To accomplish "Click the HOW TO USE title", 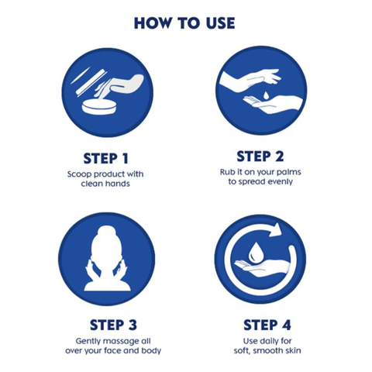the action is click(x=184, y=23).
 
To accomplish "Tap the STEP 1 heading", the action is click(x=105, y=158).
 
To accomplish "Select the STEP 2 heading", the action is click(x=260, y=157).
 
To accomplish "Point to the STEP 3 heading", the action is click(x=113, y=325).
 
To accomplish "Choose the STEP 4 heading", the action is click(x=267, y=325).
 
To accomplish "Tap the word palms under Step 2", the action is click(x=289, y=172).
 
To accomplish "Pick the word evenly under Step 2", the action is click(x=280, y=182).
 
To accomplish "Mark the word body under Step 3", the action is click(x=151, y=351).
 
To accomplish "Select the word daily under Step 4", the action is click(x=267, y=341).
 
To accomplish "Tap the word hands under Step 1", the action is click(x=118, y=184).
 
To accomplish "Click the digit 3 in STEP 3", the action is click(x=133, y=325).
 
